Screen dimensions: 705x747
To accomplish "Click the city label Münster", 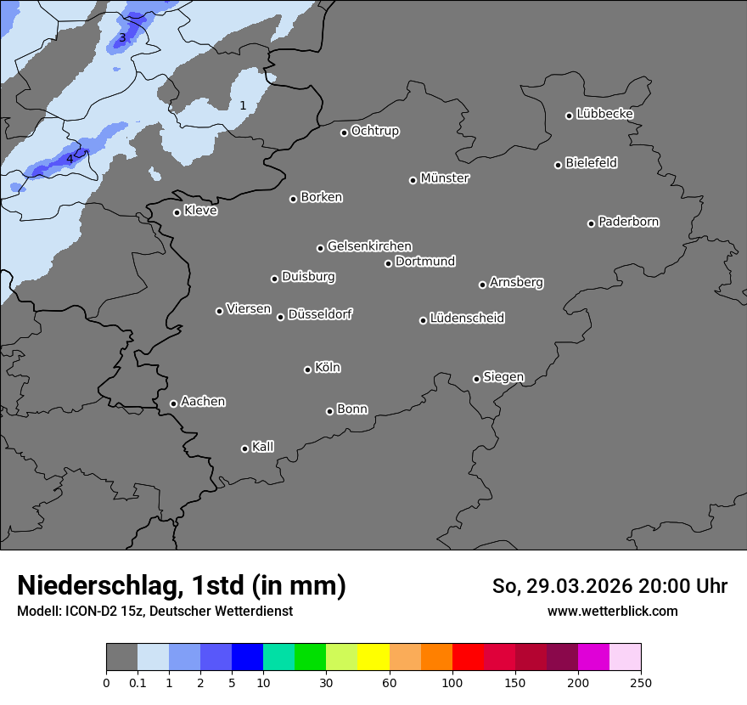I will (x=445, y=178).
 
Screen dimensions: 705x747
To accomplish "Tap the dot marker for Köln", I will (x=307, y=369).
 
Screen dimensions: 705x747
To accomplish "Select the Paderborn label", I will (x=628, y=222).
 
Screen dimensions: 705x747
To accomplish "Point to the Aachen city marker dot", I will (x=173, y=403).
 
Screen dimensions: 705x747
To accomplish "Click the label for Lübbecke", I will (x=604, y=114).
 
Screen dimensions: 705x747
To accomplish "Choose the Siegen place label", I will (x=503, y=377).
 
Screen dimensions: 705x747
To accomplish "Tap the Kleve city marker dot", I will (x=177, y=212).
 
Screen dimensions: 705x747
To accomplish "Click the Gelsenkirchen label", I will (x=369, y=246).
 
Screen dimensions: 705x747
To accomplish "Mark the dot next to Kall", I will (x=244, y=448).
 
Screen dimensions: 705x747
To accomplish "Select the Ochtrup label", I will (x=375, y=131).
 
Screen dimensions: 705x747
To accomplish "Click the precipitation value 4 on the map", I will (x=70, y=159).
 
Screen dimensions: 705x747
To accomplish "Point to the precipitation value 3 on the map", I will (x=122, y=37).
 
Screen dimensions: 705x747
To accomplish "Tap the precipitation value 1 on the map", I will (x=243, y=105).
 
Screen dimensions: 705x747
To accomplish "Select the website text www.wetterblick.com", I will (x=612, y=611).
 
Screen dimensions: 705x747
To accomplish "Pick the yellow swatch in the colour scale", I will (x=373, y=657).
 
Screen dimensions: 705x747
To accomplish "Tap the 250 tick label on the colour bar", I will (x=641, y=683).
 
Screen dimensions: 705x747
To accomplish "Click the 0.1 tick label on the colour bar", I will (x=138, y=683).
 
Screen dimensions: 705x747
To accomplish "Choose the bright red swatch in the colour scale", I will (x=468, y=657).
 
